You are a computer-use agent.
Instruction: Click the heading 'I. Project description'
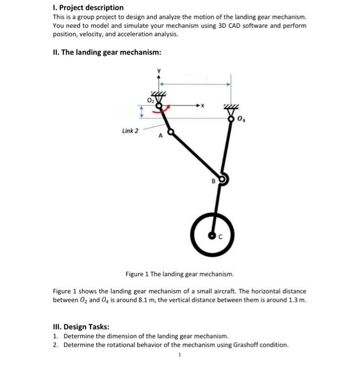pos(88,8)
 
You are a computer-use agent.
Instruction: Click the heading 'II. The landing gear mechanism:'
pos(107,52)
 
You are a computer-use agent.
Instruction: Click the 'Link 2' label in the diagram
pos(130,131)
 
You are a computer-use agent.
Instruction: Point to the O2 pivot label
pos(150,100)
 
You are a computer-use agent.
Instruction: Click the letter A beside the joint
pos(161,136)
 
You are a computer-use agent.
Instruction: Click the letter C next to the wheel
pos(220,237)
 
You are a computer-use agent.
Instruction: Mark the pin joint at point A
pos(171,131)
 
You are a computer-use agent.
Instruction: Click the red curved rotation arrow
pos(162,111)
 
